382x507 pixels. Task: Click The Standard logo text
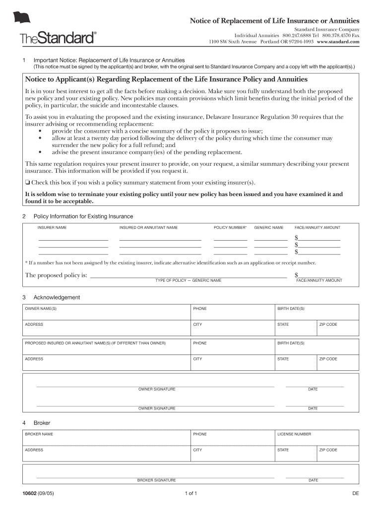58,38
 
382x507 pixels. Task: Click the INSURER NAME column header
52,228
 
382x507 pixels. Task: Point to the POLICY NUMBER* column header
230,228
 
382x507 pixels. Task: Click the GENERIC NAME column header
269,228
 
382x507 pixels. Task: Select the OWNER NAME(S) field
107,312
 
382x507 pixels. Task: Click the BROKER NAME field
107,438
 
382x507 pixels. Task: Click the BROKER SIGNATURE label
156,480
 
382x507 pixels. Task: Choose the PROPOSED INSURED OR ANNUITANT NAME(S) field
107,347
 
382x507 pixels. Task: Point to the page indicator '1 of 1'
191,494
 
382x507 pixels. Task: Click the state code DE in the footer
355,494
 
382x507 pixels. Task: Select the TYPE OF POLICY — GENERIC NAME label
188,281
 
